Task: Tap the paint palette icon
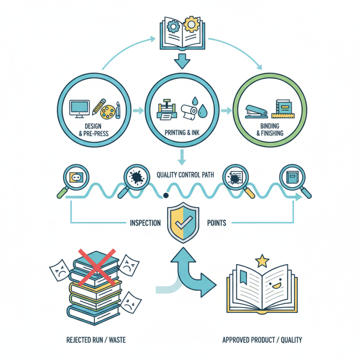[x=107, y=110]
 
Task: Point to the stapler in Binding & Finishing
[x=256, y=111]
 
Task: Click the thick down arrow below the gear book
[x=182, y=60]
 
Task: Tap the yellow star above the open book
[x=262, y=260]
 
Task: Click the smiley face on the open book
[x=273, y=284]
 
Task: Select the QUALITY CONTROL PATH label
[x=187, y=175]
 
